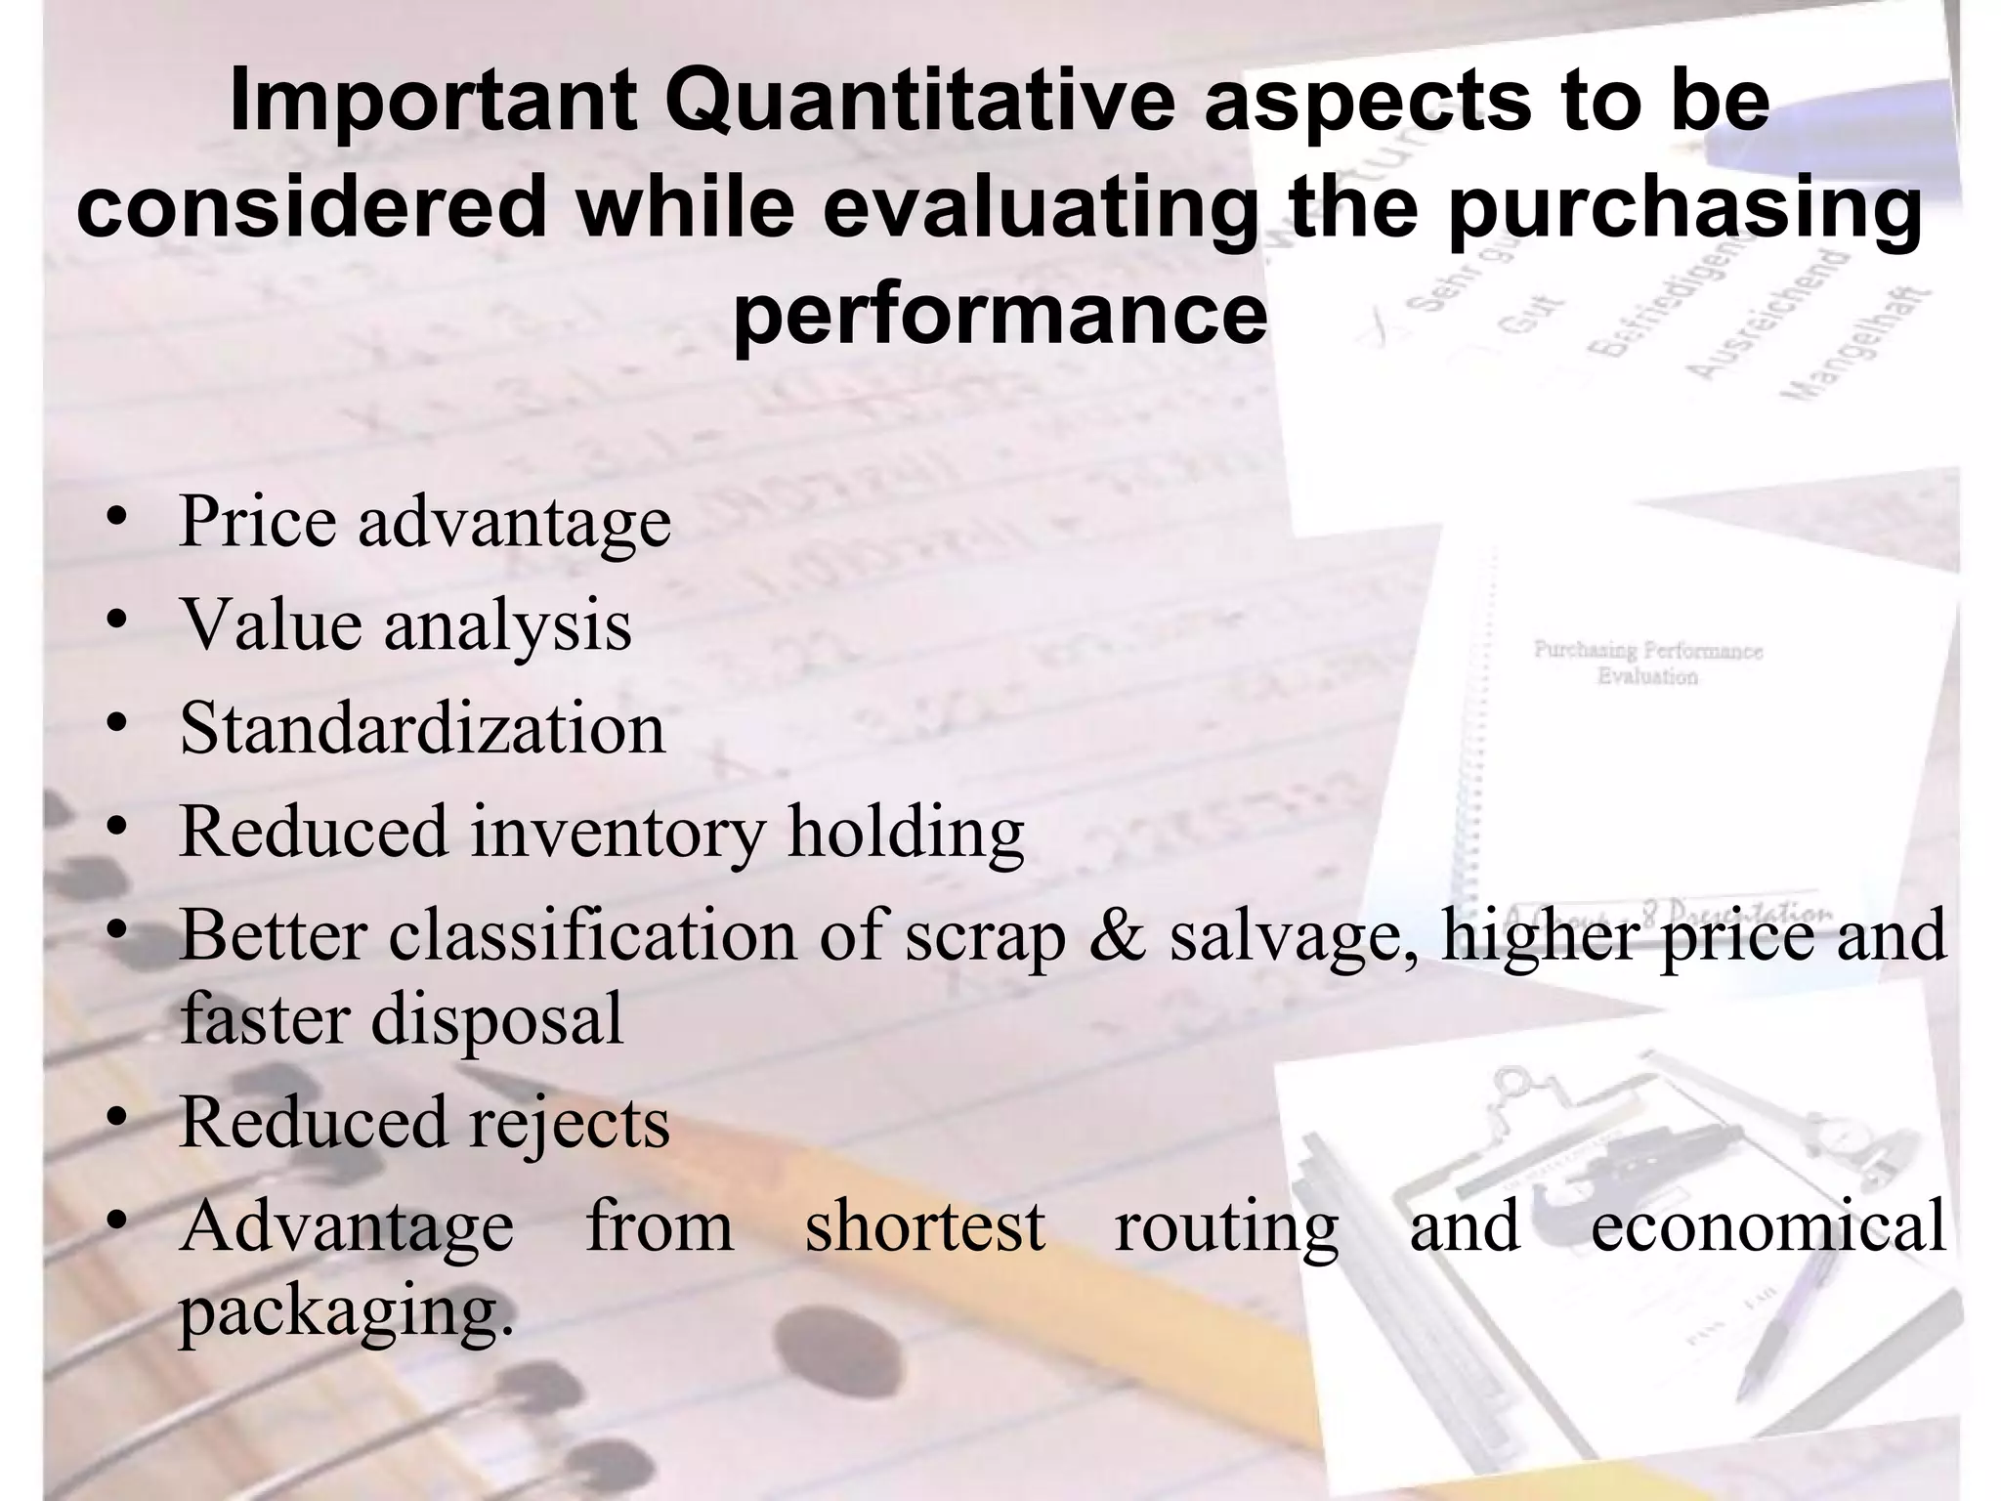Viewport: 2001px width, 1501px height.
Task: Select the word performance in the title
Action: (1000, 316)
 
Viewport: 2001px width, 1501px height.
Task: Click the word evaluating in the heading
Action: (1040, 210)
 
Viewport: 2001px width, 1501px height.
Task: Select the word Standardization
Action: (422, 729)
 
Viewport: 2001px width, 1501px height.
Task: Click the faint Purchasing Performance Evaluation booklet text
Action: (1647, 663)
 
